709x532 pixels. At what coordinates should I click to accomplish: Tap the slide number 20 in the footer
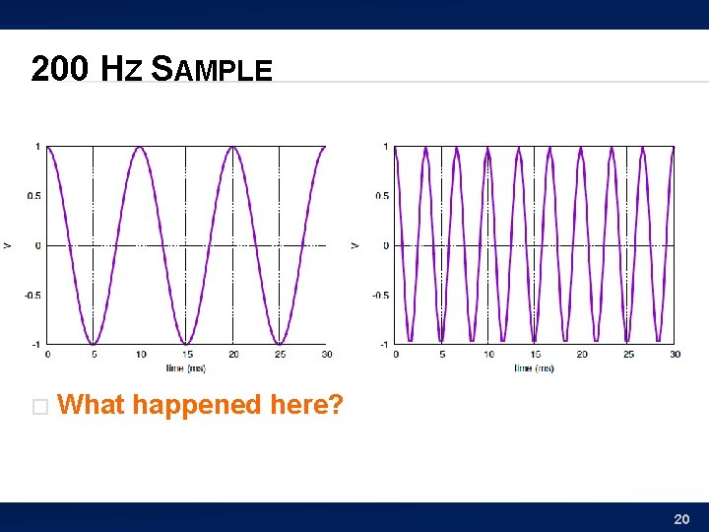(680, 518)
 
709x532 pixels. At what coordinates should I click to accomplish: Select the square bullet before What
(39, 407)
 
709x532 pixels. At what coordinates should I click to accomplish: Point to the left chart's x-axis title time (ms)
(186, 367)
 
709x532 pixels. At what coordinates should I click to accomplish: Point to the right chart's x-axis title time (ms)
(534, 367)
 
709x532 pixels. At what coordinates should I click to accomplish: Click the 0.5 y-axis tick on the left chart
(34, 196)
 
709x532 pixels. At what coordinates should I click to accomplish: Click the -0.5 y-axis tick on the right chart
(380, 295)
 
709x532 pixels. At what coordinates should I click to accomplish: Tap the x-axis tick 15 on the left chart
(186, 354)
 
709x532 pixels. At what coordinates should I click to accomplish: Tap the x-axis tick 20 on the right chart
(581, 354)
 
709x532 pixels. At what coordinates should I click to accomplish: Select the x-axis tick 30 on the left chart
(326, 354)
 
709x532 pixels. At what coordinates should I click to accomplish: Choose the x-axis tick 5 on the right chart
(441, 354)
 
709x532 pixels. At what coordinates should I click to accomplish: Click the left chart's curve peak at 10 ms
(140, 148)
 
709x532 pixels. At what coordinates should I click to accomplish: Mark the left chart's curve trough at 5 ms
(94, 343)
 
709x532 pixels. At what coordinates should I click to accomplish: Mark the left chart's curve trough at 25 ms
(280, 343)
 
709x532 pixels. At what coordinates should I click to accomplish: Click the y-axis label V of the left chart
(7, 245)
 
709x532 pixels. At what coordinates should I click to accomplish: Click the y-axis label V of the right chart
(354, 245)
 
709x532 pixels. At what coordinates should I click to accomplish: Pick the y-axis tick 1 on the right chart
(385, 147)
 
